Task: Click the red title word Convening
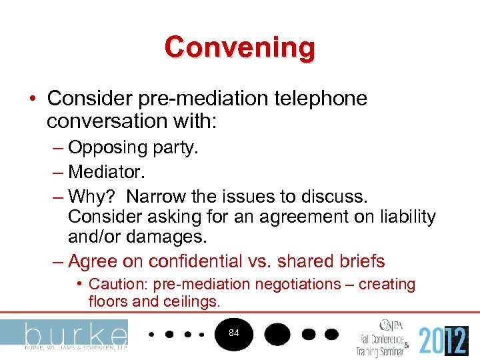(x=240, y=48)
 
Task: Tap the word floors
(x=108, y=301)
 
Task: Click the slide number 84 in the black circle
(x=233, y=333)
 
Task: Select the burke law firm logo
(x=64, y=335)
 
